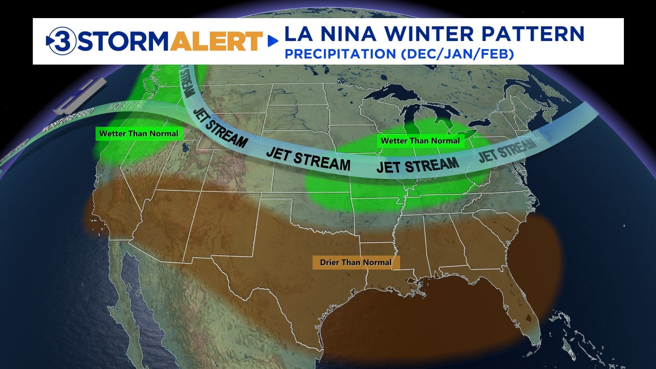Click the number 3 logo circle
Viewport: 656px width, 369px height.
point(61,41)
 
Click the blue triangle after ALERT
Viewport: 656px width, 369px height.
point(273,41)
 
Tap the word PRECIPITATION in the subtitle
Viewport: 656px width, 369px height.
point(340,54)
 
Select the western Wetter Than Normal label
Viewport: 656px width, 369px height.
point(139,134)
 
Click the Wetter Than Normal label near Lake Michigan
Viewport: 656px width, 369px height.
point(420,141)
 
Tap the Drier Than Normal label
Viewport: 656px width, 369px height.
point(356,262)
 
